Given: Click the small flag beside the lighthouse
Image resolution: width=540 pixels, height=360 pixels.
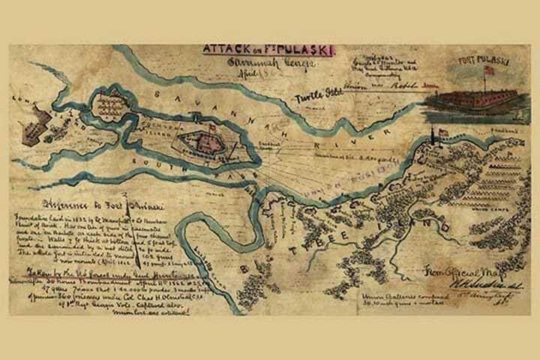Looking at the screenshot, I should coord(443,133).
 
